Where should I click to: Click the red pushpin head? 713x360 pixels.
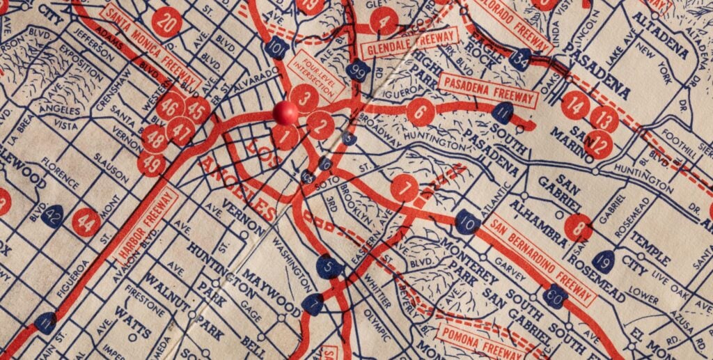(x=285, y=112)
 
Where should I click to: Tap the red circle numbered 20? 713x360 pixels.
(x=166, y=22)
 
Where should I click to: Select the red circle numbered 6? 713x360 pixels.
(x=421, y=111)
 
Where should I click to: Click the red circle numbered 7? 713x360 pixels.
(x=405, y=187)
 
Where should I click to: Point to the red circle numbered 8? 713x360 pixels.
(x=578, y=227)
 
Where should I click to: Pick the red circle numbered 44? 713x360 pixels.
(x=86, y=223)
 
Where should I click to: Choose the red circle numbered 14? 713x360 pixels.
(x=575, y=105)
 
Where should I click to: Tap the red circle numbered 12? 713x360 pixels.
(x=598, y=145)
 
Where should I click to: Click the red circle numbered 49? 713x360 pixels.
(x=152, y=164)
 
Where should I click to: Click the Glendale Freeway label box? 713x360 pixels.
(x=410, y=42)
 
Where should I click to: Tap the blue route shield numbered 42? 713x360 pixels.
(x=52, y=215)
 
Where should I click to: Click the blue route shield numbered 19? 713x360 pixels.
(x=603, y=261)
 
